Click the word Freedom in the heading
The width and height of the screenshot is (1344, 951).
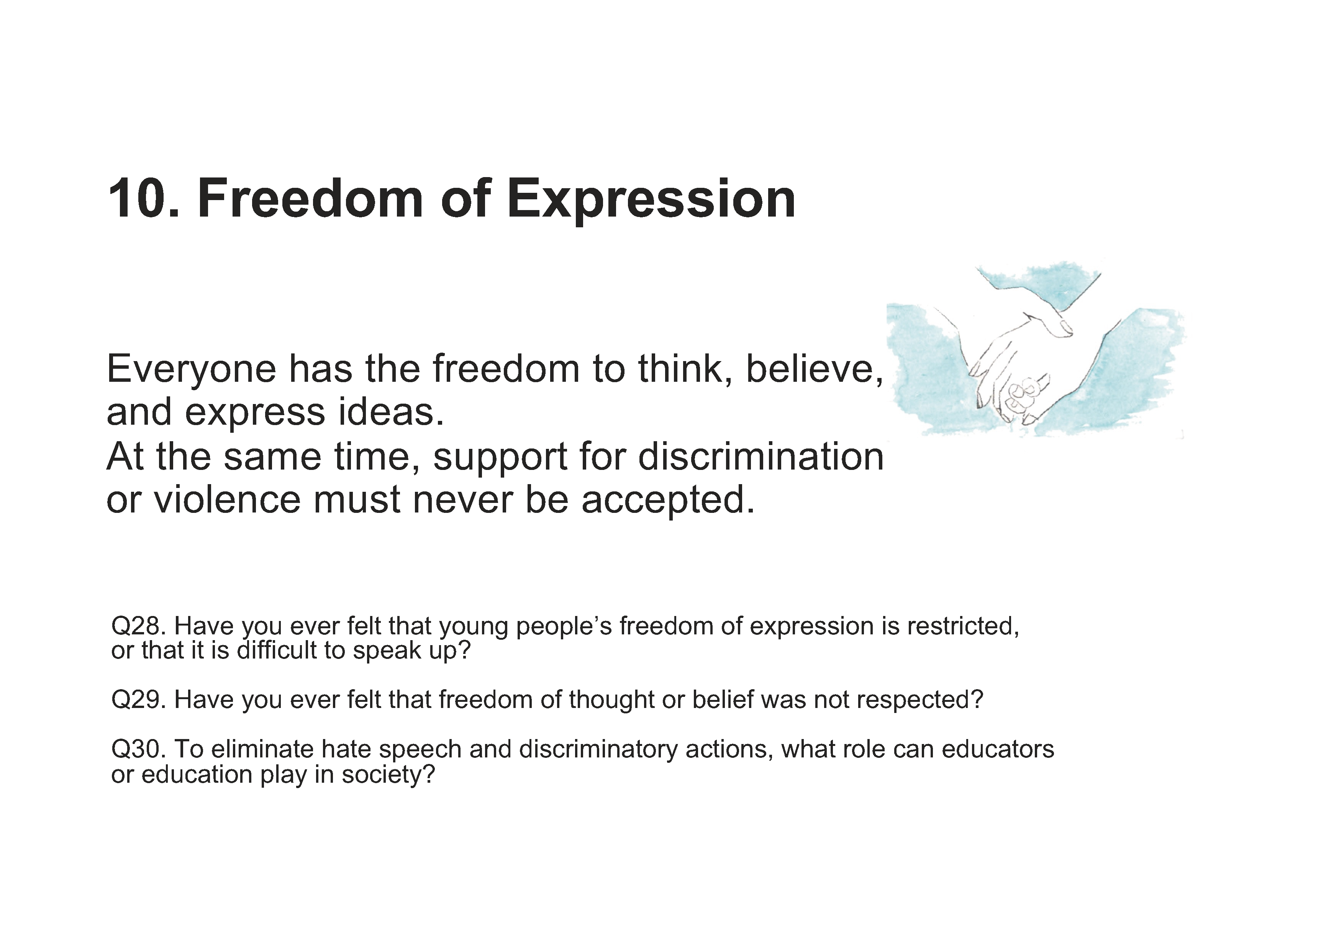[x=310, y=199]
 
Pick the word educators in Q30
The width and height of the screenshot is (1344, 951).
[x=998, y=749]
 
